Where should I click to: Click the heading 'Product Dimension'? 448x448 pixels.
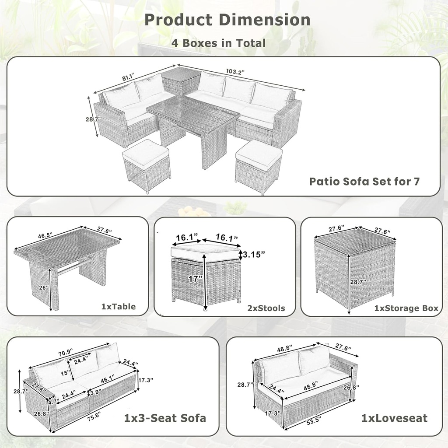227,20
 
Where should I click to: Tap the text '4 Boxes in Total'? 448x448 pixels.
219,43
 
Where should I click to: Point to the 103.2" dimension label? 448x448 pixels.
235,71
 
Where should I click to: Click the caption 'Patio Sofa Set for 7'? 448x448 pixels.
364,181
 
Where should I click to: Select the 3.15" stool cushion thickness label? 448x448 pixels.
255,254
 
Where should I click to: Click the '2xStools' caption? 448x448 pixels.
266,308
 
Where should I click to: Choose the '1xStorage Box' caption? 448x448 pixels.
406,308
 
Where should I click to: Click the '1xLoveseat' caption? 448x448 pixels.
394,418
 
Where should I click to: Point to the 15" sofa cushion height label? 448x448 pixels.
65,373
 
